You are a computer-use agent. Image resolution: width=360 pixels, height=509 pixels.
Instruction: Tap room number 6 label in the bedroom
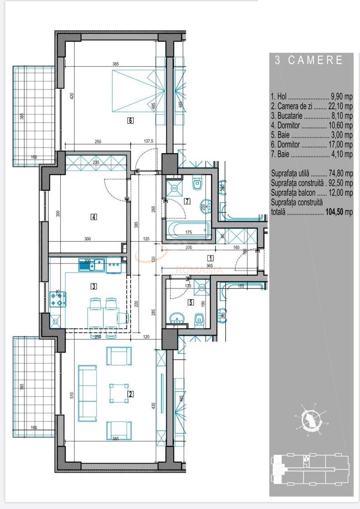130,120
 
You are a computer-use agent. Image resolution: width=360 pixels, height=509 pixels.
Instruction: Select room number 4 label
94,217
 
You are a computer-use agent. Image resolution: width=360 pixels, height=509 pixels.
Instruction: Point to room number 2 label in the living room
131,394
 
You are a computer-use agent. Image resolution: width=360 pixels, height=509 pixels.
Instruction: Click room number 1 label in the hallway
210,259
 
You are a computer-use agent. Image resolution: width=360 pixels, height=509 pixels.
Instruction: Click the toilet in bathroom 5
199,318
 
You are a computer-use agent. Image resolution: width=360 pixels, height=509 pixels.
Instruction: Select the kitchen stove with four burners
58,299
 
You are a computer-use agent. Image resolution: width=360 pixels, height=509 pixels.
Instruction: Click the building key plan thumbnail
310,468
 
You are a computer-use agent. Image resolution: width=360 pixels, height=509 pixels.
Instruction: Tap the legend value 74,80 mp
343,173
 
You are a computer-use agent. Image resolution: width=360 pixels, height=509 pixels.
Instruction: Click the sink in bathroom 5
177,319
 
